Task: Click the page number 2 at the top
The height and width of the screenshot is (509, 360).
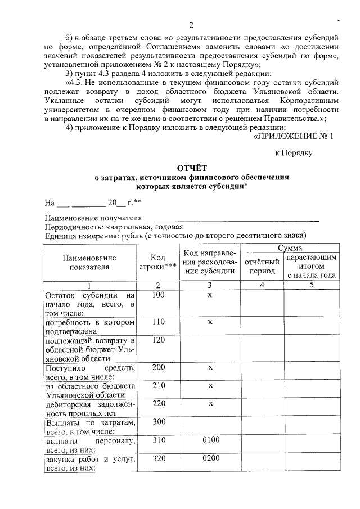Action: pos(191,25)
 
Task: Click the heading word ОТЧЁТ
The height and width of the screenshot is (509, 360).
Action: pos(192,168)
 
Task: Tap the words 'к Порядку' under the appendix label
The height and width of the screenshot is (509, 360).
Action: pos(293,152)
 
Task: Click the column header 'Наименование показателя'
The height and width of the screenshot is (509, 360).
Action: pos(89,262)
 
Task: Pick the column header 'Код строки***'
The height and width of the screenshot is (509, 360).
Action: pos(158,262)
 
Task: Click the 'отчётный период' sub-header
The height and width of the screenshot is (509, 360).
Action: pos(262,266)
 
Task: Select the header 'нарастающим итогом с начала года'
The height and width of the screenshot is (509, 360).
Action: pos(311,266)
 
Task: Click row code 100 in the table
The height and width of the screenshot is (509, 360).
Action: pos(158,295)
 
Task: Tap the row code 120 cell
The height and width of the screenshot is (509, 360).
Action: pos(158,340)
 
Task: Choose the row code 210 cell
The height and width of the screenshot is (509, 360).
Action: pos(158,385)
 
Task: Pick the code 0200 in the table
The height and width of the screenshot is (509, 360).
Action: pos(210,460)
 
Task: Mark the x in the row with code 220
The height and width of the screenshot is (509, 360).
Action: pos(210,403)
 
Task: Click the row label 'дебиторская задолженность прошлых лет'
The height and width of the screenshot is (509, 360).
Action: pos(89,408)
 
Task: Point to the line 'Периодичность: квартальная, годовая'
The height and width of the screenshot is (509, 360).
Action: pos(114,227)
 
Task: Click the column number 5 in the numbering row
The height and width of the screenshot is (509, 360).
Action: pos(311,285)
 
